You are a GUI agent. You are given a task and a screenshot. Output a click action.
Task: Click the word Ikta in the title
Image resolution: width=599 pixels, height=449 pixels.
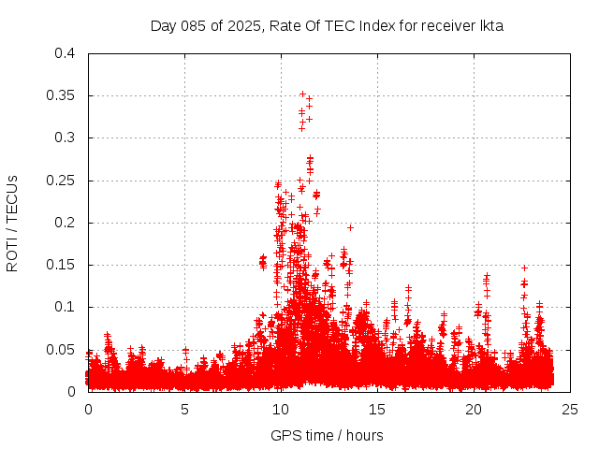[x=492, y=26]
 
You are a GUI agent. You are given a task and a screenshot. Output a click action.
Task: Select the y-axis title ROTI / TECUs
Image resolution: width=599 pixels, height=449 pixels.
[x=12, y=223]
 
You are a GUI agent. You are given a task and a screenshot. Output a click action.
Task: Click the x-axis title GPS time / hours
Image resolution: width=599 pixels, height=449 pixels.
[x=327, y=435]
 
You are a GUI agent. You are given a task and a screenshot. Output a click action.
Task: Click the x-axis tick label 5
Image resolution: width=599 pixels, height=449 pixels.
[x=185, y=409]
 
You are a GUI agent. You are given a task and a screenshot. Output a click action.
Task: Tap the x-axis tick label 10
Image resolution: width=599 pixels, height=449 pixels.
[x=281, y=409]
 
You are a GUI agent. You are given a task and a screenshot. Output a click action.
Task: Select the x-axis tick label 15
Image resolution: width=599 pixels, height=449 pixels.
[x=377, y=409]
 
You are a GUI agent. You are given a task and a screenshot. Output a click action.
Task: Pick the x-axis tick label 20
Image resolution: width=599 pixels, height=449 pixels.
[x=474, y=409]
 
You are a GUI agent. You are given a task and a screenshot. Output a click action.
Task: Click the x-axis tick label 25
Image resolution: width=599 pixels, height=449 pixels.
[x=569, y=409]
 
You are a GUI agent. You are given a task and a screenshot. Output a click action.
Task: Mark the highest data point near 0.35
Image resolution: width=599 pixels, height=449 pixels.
[x=302, y=94]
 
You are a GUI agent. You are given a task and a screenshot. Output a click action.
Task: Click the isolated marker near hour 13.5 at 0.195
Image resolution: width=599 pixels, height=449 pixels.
[x=350, y=226]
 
